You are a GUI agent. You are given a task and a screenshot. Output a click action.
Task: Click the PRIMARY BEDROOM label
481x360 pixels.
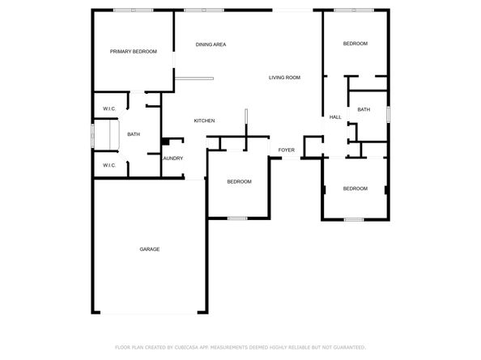[133, 51]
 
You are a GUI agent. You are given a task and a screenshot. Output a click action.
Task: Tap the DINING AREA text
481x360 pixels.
[211, 44]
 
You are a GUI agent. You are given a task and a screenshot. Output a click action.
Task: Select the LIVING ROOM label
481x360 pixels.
[285, 78]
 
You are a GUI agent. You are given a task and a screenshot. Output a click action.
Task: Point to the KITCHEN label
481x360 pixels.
[204, 121]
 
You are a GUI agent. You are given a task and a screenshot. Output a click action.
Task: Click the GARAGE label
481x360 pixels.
[149, 249]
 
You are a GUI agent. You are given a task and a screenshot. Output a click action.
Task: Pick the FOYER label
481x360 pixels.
[287, 150]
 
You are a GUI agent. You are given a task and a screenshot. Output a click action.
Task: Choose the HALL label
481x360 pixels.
[335, 117]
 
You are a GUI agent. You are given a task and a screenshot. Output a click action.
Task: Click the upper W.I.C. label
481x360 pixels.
[109, 108]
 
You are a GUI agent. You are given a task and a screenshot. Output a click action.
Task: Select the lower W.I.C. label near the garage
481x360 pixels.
[109, 165]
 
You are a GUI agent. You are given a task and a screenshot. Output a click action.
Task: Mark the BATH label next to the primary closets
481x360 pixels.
[134, 134]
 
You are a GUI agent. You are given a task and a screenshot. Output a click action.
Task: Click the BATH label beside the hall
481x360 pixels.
[364, 109]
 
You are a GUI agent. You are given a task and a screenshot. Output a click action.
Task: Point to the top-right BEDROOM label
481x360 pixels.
[355, 44]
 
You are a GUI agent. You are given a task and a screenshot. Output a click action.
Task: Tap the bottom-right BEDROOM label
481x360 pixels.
[355, 188]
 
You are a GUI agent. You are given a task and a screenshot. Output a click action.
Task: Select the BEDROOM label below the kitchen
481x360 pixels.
[239, 181]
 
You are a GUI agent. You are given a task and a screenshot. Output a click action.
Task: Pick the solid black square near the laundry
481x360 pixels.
[165, 142]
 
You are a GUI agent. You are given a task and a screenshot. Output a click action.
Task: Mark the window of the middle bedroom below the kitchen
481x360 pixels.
[237, 218]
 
